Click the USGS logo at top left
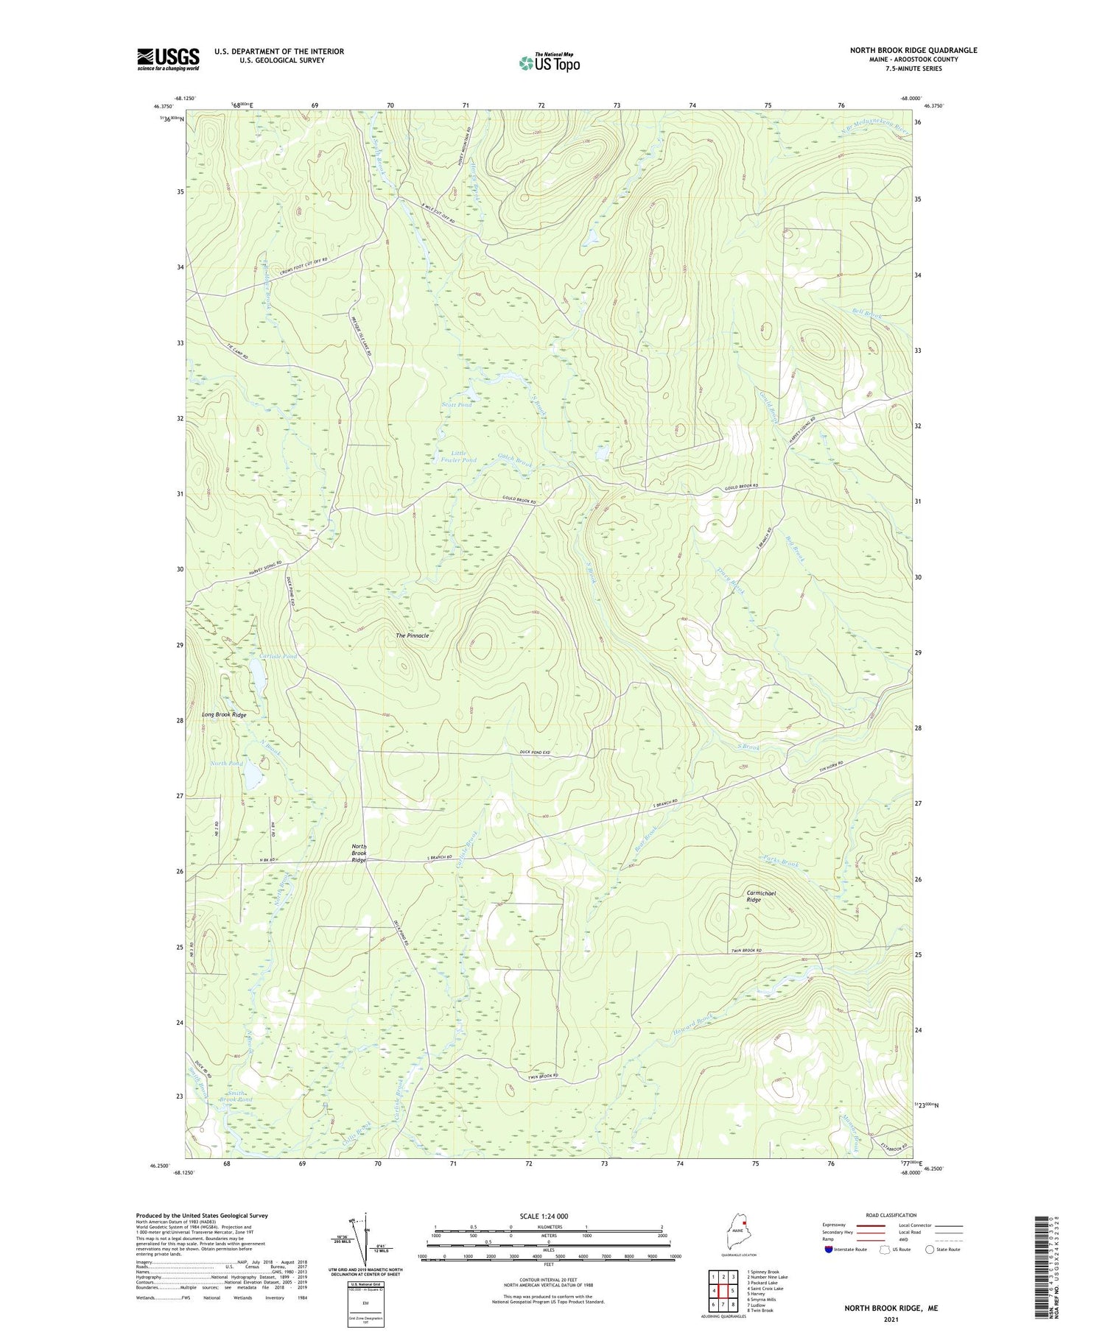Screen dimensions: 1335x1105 [x=168, y=59]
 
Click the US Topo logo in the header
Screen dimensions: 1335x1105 [x=549, y=63]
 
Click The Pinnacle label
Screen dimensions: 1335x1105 [x=412, y=635]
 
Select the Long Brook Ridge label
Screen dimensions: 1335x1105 [x=224, y=715]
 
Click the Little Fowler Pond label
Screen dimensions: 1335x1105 [x=458, y=457]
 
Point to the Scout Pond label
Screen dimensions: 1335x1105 [x=456, y=405]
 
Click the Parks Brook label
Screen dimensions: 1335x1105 [x=780, y=862]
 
